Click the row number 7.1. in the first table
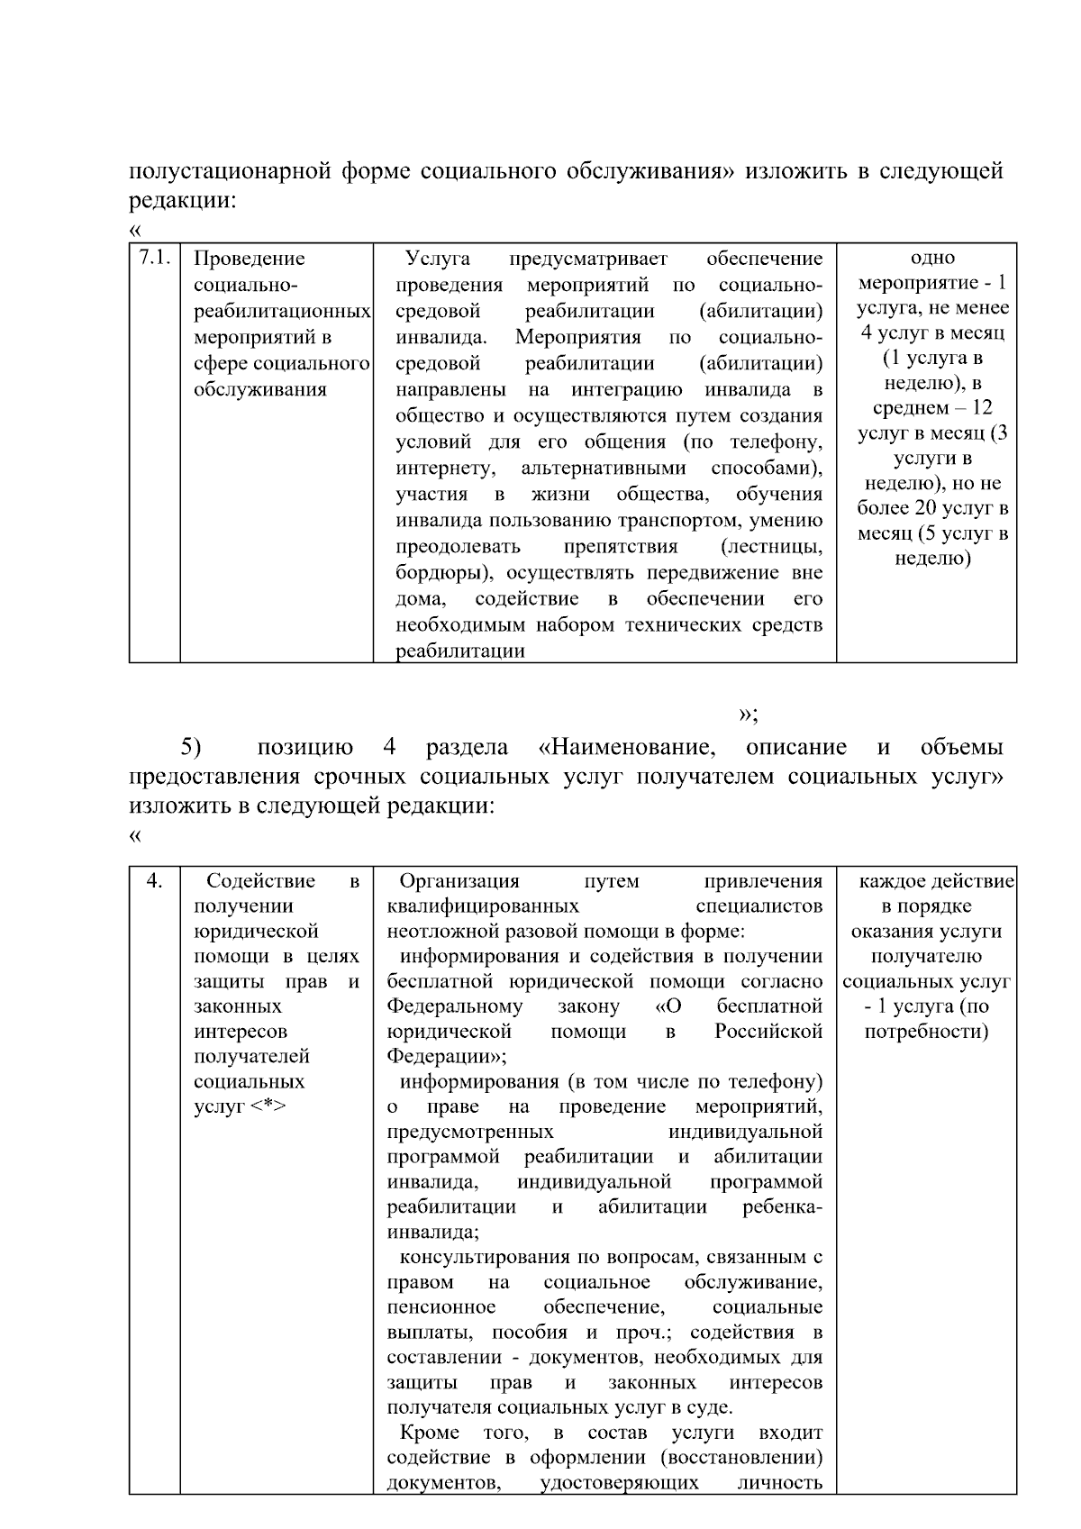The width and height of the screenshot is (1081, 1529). tap(154, 259)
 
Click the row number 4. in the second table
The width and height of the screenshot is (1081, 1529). tap(154, 881)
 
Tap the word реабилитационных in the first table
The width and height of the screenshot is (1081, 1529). tap(282, 312)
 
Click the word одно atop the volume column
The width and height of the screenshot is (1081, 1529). tap(932, 259)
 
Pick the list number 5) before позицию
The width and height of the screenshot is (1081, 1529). tap(190, 747)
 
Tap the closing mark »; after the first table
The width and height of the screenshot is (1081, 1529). tap(748, 714)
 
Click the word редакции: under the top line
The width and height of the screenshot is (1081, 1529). tap(182, 200)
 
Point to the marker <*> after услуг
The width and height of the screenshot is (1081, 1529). tap(268, 1107)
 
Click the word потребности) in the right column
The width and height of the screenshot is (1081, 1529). tap(926, 1032)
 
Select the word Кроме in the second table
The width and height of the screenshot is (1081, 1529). tap(429, 1433)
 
